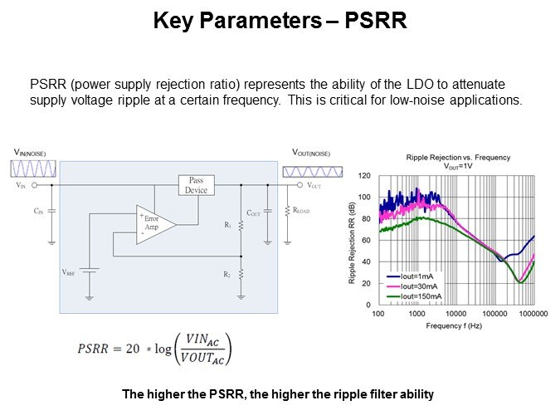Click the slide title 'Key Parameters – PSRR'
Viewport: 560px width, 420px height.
pyautogui.click(x=280, y=22)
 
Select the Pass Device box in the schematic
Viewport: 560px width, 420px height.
pyautogui.click(x=197, y=185)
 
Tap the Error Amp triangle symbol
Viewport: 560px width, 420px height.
pyautogui.click(x=154, y=224)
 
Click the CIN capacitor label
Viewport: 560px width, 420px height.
pyautogui.click(x=38, y=212)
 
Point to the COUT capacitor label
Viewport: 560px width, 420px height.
pyautogui.click(x=253, y=212)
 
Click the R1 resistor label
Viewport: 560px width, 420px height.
pyautogui.click(x=228, y=225)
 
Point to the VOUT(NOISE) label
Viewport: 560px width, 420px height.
pyautogui.click(x=311, y=153)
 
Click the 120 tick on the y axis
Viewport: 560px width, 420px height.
pyautogui.click(x=364, y=176)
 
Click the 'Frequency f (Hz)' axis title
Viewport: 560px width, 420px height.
pyautogui.click(x=455, y=326)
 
